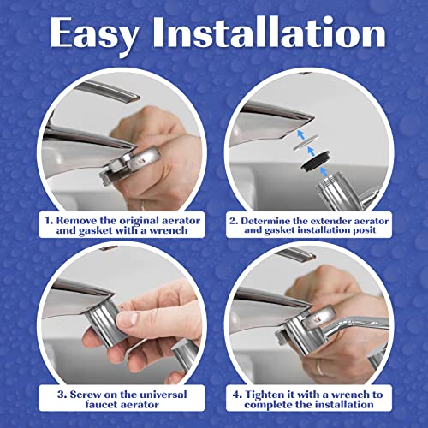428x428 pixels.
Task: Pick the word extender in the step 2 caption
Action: click(360, 218)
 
